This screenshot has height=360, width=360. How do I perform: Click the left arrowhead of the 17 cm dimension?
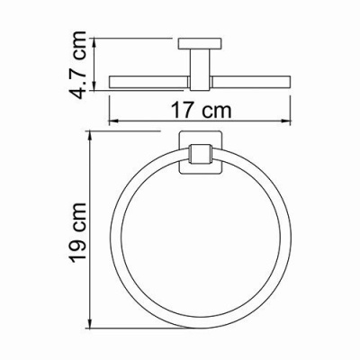coord(111,121)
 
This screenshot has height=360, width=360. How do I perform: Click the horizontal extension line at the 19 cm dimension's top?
coord(135,130)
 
